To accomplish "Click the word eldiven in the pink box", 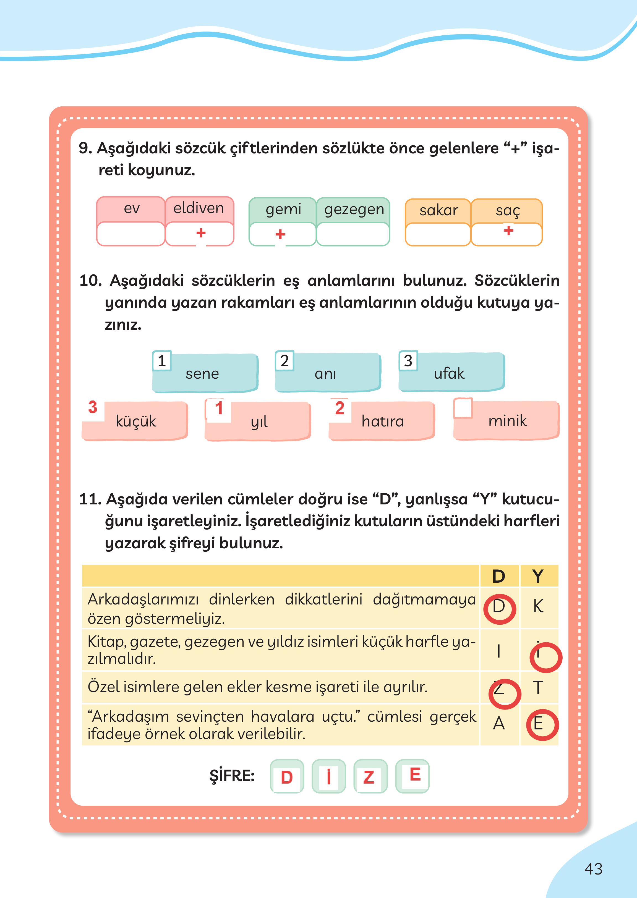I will click(199, 208).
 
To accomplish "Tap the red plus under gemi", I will click(280, 234).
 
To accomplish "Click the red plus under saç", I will click(508, 230).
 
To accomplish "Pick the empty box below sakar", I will click(437, 234).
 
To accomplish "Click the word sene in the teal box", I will click(202, 374).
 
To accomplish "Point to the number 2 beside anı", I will click(284, 361).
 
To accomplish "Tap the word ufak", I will click(449, 373).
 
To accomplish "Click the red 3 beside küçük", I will click(93, 407).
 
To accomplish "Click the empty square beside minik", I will click(463, 408).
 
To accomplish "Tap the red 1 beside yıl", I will click(219, 408).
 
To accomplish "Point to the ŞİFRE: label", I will click(232, 776).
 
